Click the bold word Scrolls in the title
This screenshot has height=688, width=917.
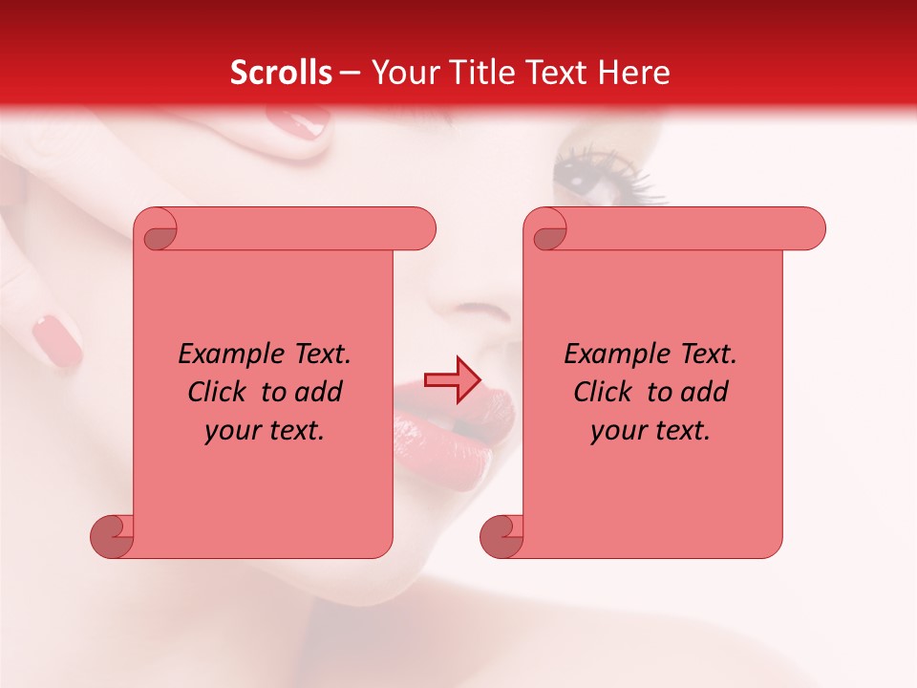[x=282, y=73]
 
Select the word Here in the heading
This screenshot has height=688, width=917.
[x=634, y=73]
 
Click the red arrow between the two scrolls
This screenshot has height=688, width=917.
[x=452, y=380]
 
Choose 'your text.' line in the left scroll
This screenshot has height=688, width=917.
[x=265, y=430]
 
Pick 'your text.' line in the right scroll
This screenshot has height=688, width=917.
[x=650, y=430]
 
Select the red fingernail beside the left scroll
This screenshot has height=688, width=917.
[x=57, y=342]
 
